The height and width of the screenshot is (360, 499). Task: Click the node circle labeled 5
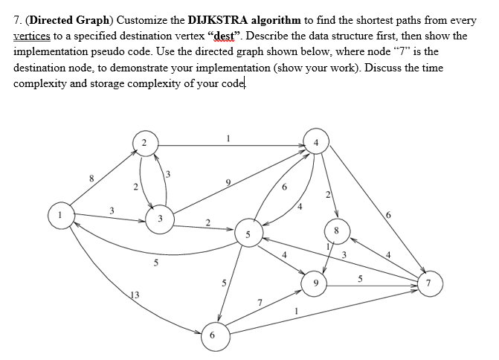click(x=249, y=233)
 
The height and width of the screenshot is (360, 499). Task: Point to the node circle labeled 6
click(x=213, y=335)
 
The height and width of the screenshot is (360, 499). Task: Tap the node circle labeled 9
click(x=316, y=282)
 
